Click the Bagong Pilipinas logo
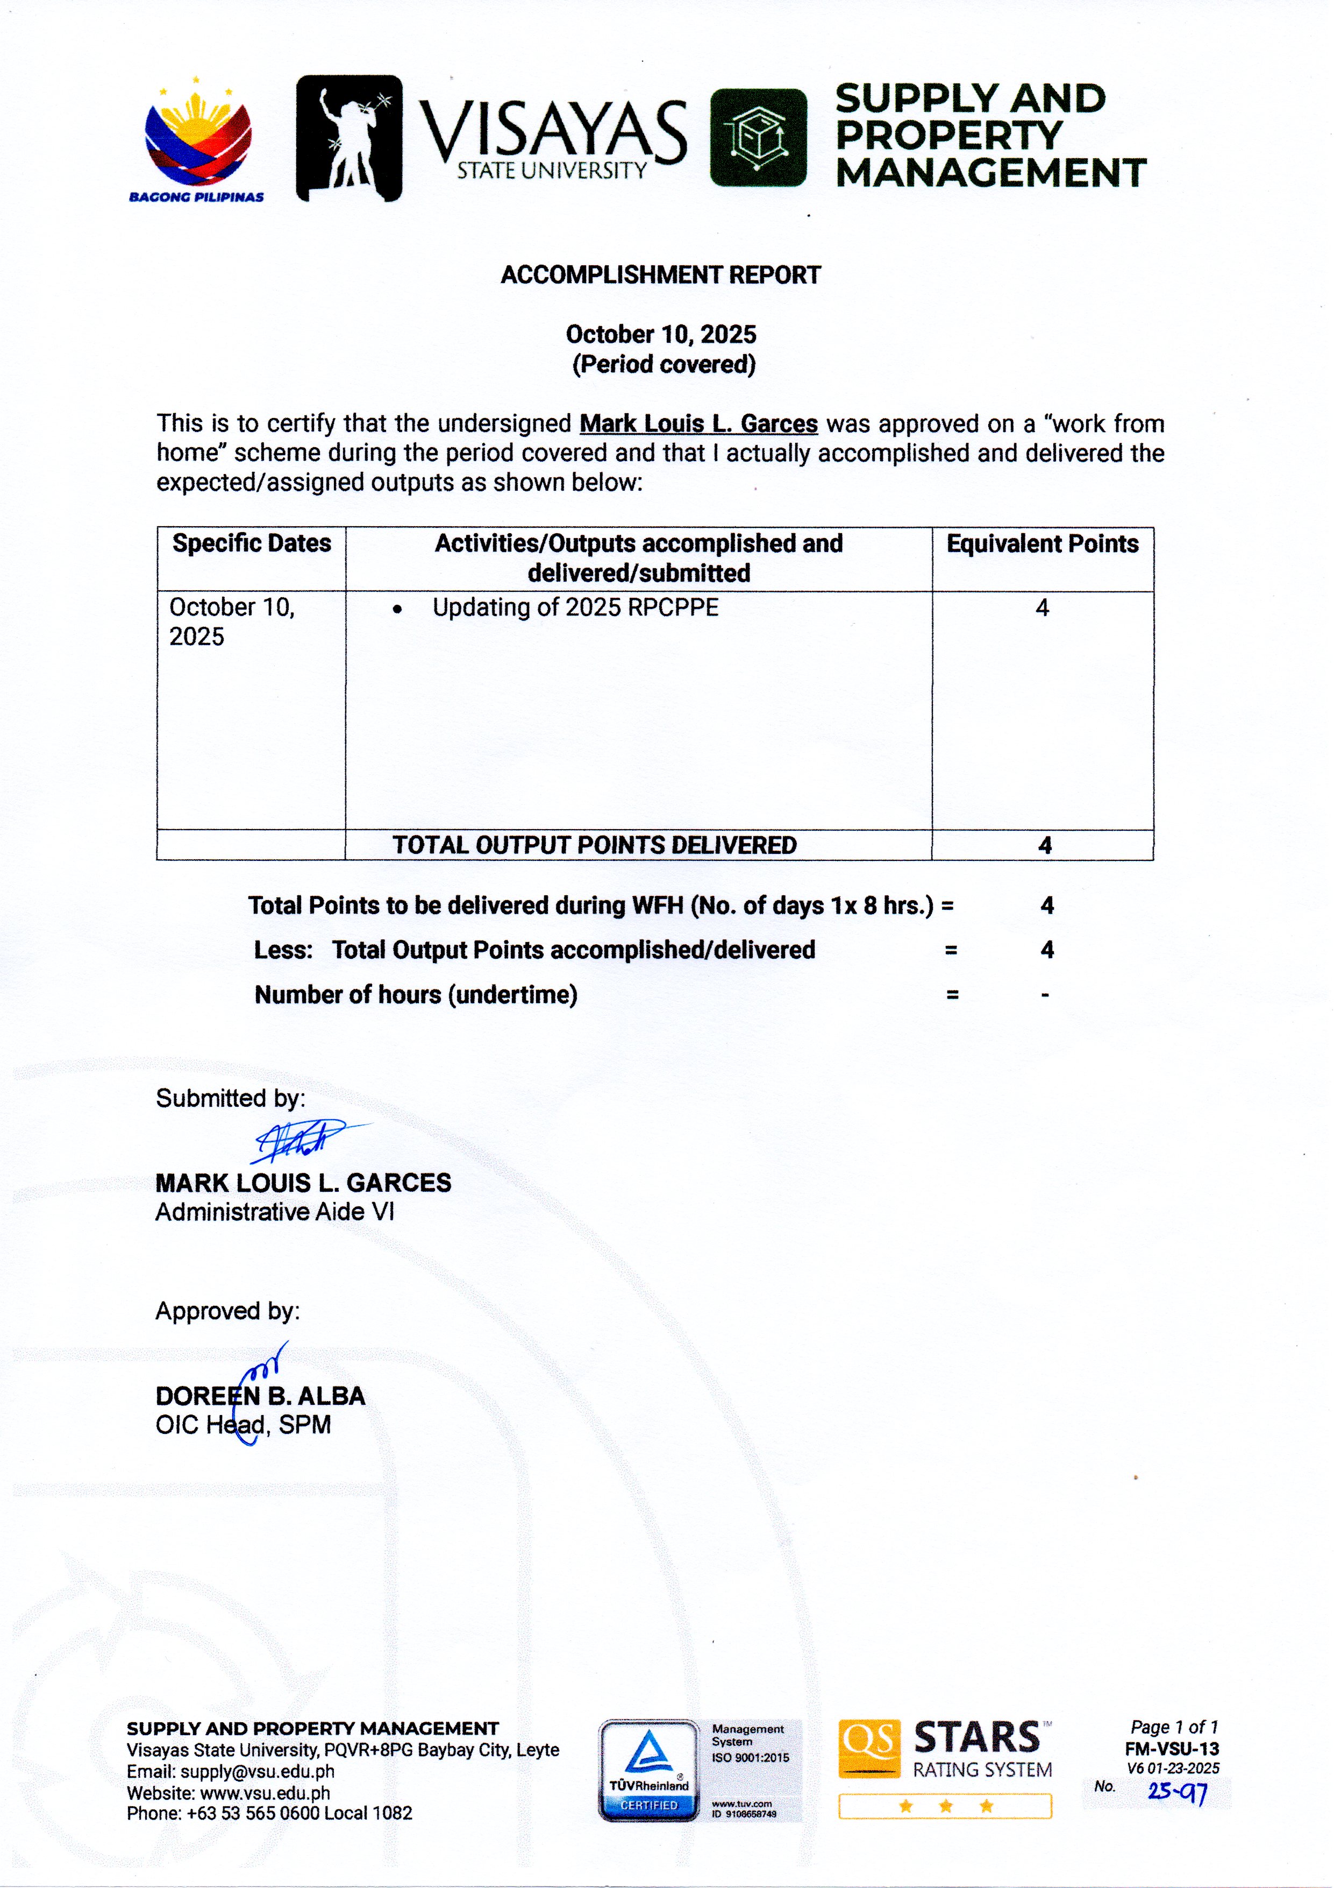point(197,140)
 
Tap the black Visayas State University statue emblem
point(348,138)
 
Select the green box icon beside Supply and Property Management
point(758,137)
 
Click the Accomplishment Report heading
point(660,274)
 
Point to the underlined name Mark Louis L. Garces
point(698,423)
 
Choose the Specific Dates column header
point(252,543)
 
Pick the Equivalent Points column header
point(1042,543)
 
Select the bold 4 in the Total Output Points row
point(1045,845)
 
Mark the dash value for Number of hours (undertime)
point(1045,995)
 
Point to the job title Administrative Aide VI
point(275,1212)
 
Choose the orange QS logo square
point(869,1748)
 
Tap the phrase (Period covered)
point(664,364)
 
